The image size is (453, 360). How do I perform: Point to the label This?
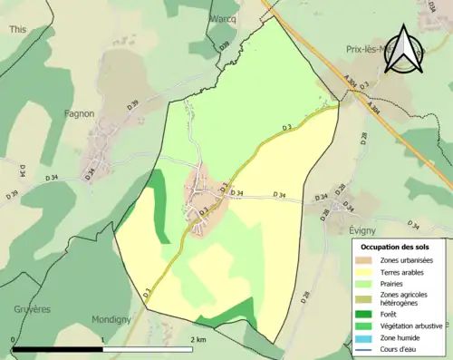(18, 29)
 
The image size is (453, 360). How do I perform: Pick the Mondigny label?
(111, 319)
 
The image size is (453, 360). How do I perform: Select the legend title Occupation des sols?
(398, 247)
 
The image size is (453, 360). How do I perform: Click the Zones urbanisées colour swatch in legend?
(365, 260)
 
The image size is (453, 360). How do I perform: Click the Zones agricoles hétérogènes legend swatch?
(365, 297)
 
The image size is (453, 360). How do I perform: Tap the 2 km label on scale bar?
(199, 339)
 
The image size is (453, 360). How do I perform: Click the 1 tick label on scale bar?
(103, 339)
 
